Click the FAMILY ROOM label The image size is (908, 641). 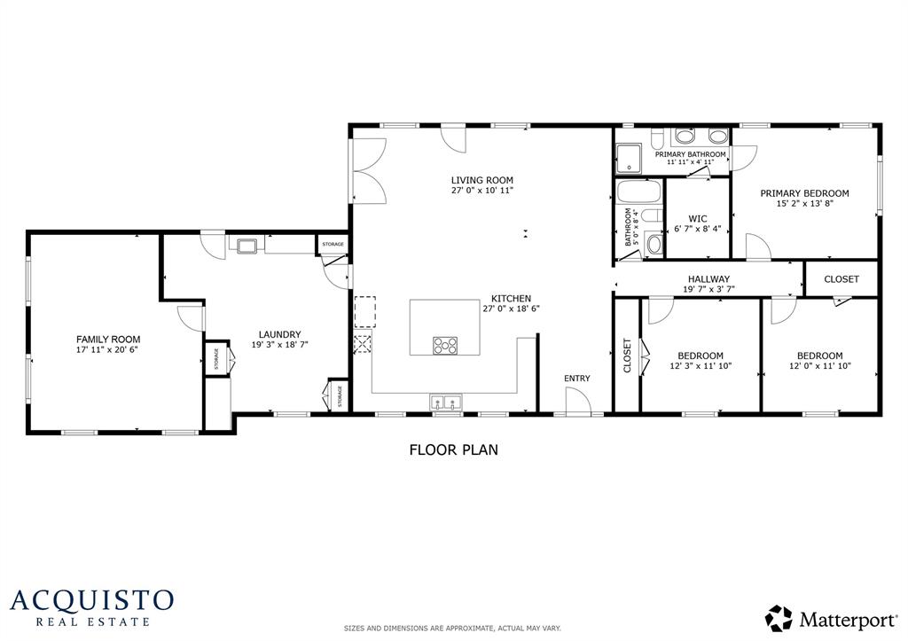tap(107, 340)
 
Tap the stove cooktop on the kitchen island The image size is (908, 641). tap(445, 345)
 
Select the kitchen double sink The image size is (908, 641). tap(446, 403)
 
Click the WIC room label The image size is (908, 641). tap(697, 217)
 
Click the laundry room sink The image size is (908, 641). tap(245, 244)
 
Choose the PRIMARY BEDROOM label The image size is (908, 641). tap(804, 193)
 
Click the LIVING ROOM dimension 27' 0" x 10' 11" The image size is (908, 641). tap(481, 191)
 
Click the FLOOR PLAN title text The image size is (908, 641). tap(453, 449)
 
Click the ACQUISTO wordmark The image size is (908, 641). tap(91, 599)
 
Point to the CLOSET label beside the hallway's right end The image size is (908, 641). tap(841, 278)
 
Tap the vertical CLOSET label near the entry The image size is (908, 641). tap(627, 356)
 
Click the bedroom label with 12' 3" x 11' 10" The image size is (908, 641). tap(699, 356)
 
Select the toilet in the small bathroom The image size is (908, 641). tap(654, 243)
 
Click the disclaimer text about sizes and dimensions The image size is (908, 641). tap(452, 629)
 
